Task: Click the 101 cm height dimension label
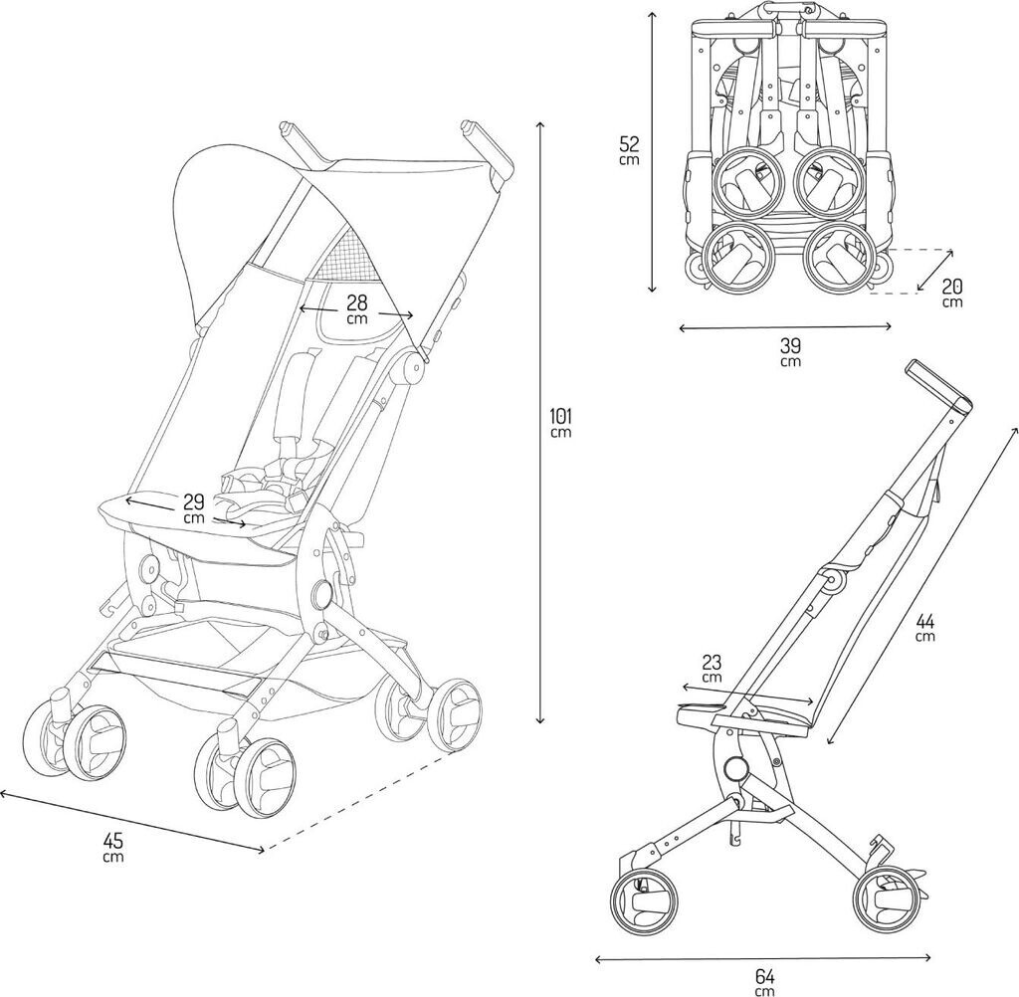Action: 560,421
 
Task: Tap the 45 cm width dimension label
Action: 113,847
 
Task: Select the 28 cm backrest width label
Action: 355,308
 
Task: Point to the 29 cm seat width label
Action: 193,508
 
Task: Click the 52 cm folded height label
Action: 628,149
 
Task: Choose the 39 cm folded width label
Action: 790,351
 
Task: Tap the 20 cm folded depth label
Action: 952,293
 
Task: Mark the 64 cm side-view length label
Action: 764,980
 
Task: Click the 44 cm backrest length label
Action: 924,626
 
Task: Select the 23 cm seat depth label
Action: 712,669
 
